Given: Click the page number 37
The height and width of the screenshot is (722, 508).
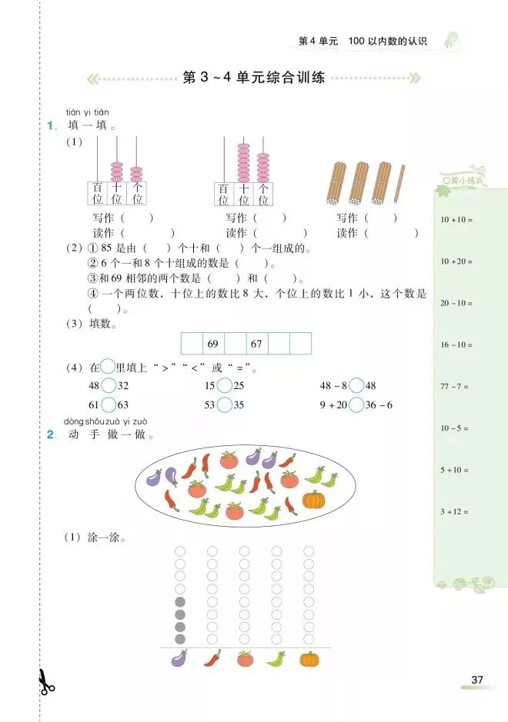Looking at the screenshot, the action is pyautogui.click(x=477, y=680).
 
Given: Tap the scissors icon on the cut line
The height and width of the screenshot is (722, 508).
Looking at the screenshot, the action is pyautogui.click(x=45, y=681).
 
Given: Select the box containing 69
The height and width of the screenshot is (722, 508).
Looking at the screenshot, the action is pyautogui.click(x=213, y=344).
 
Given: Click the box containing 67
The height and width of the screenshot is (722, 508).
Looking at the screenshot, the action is pyautogui.click(x=256, y=344).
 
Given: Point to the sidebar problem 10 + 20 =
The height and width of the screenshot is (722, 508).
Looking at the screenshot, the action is pyautogui.click(x=456, y=261).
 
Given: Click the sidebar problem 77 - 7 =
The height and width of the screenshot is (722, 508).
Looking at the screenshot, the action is pyautogui.click(x=454, y=386).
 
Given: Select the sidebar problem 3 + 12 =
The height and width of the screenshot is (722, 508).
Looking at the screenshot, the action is pyautogui.click(x=454, y=511).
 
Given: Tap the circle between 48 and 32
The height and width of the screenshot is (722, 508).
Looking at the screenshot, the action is pyautogui.click(x=109, y=385).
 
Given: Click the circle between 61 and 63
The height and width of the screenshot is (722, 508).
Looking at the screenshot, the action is pyautogui.click(x=109, y=404).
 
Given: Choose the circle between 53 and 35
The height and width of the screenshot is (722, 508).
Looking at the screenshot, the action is pyautogui.click(x=224, y=404).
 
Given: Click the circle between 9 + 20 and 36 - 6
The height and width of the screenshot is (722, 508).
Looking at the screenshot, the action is pyautogui.click(x=357, y=404).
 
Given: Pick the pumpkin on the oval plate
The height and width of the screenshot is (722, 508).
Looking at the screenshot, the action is pyautogui.click(x=312, y=500).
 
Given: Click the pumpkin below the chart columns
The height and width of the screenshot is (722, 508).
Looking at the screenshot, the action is pyautogui.click(x=309, y=658).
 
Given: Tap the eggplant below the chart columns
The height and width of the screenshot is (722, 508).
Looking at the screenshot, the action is pyautogui.click(x=179, y=658).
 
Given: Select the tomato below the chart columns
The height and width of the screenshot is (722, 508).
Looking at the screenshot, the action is pyautogui.click(x=245, y=658).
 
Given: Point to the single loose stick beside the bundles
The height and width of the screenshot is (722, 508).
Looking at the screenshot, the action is pyautogui.click(x=398, y=184).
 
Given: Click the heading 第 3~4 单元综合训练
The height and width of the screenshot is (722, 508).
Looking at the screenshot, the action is pyautogui.click(x=253, y=78).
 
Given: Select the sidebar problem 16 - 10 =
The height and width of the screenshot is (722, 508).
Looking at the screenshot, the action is pyautogui.click(x=456, y=344).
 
